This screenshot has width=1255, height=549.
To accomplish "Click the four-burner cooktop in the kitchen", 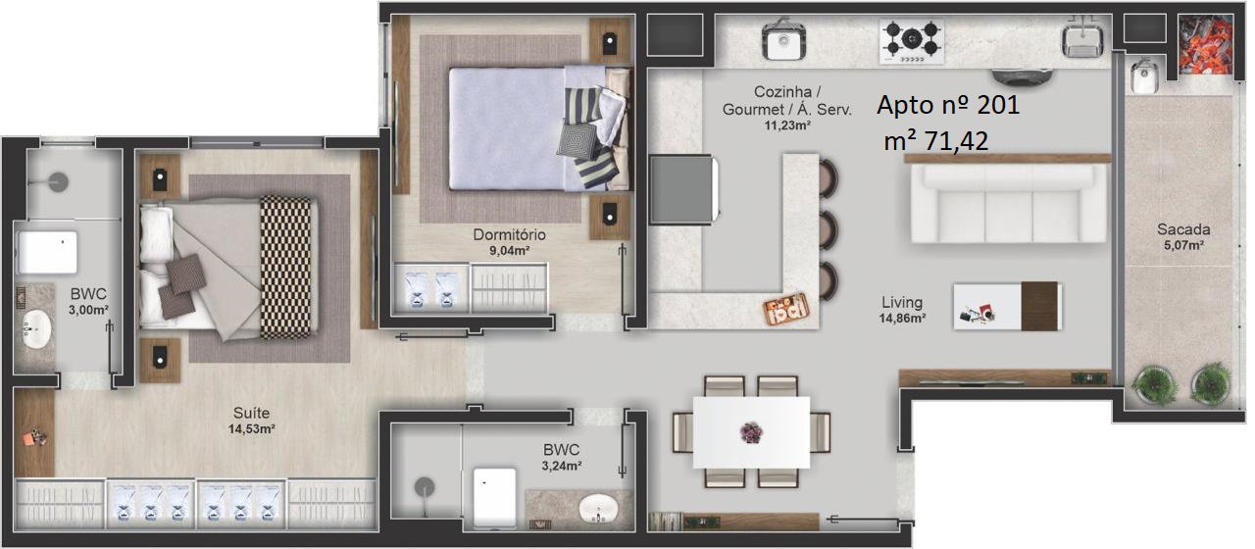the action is click(x=912, y=41).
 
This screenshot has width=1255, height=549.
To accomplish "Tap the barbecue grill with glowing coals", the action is click(x=1206, y=45).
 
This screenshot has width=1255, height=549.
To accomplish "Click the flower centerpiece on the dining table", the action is click(x=751, y=432).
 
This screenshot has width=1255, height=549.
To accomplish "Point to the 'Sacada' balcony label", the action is click(x=1183, y=229).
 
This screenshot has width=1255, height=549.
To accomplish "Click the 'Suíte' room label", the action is click(x=251, y=413).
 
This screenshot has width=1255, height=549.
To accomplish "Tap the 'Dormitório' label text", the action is click(x=509, y=234).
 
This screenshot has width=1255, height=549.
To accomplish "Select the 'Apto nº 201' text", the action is click(x=948, y=105).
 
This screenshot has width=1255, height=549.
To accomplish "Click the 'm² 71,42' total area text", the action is click(x=935, y=141).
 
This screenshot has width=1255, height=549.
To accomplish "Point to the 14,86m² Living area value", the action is click(x=902, y=319).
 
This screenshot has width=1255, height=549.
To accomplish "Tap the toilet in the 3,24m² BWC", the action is click(x=494, y=497).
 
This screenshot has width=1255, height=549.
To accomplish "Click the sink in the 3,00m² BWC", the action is click(x=37, y=328).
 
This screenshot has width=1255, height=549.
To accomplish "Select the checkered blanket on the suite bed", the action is click(x=285, y=268).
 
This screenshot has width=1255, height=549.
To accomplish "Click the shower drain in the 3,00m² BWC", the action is click(x=58, y=182).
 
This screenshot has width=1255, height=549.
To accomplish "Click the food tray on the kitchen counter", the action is click(x=786, y=309).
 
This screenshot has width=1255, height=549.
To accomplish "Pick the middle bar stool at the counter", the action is click(x=828, y=228).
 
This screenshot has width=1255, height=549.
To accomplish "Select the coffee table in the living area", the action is click(x=1007, y=306).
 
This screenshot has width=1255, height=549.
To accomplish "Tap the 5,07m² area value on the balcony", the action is click(x=1183, y=245).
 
